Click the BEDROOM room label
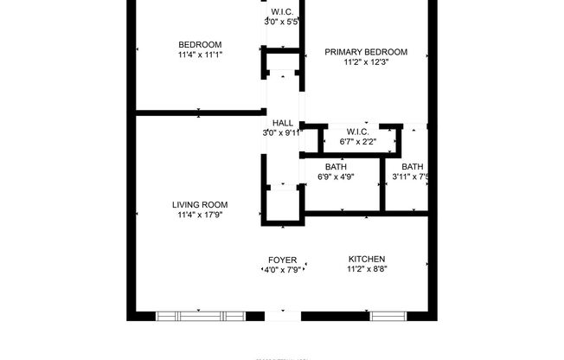click(200, 45)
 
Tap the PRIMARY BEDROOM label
click(365, 52)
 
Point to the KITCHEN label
click(367, 259)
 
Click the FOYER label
click(283, 260)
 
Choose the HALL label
click(283, 123)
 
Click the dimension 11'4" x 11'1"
click(200, 55)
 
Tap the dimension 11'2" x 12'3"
click(365, 62)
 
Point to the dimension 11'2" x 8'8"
click(367, 270)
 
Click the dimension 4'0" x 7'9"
click(283, 270)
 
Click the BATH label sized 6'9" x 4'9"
click(336, 167)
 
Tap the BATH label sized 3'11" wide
click(412, 167)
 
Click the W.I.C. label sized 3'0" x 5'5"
click(282, 11)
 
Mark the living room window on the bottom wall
click(200, 315)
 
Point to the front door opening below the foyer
click(283, 316)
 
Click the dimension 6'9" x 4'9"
click(336, 177)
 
